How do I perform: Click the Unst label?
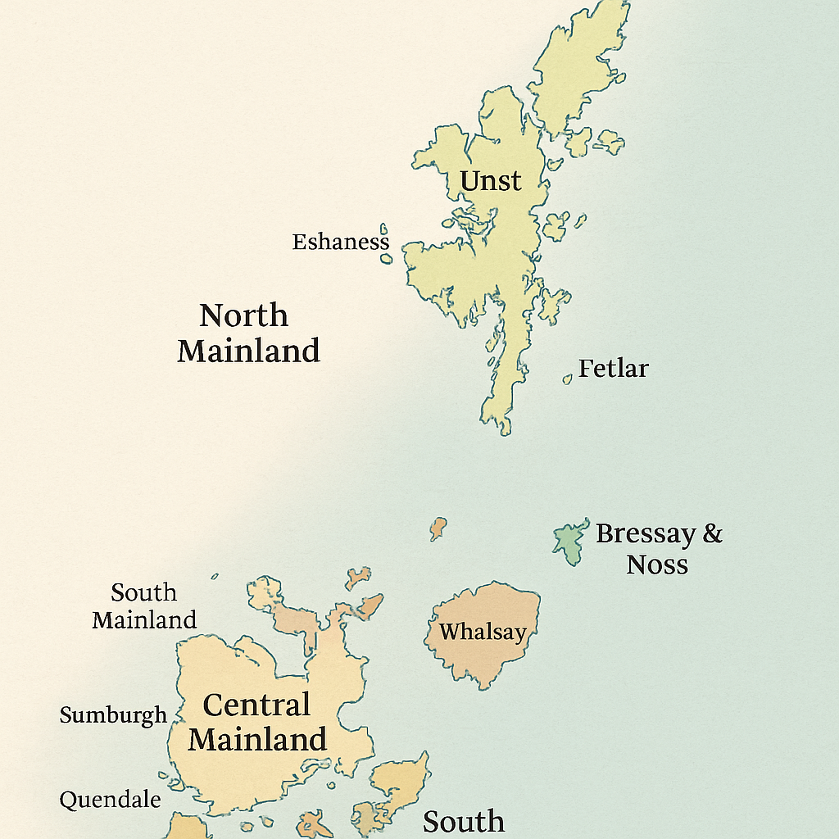coord(491,180)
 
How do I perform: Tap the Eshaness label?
coord(341,243)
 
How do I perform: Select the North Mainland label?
coord(248,333)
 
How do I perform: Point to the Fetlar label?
coord(613,369)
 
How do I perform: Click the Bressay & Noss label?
coord(659,549)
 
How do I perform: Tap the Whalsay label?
coord(482,633)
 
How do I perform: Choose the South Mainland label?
coord(144,606)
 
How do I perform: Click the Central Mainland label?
coord(256,723)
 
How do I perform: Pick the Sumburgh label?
coord(113,715)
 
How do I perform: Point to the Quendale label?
coord(110,800)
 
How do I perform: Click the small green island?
coord(569,542)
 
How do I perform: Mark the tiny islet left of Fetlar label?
coord(567,379)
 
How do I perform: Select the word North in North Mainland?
coord(243,315)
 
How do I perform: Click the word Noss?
coord(657,565)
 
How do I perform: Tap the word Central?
coord(256,705)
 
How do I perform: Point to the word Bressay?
coord(645,534)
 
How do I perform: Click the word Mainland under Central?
coord(257,740)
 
